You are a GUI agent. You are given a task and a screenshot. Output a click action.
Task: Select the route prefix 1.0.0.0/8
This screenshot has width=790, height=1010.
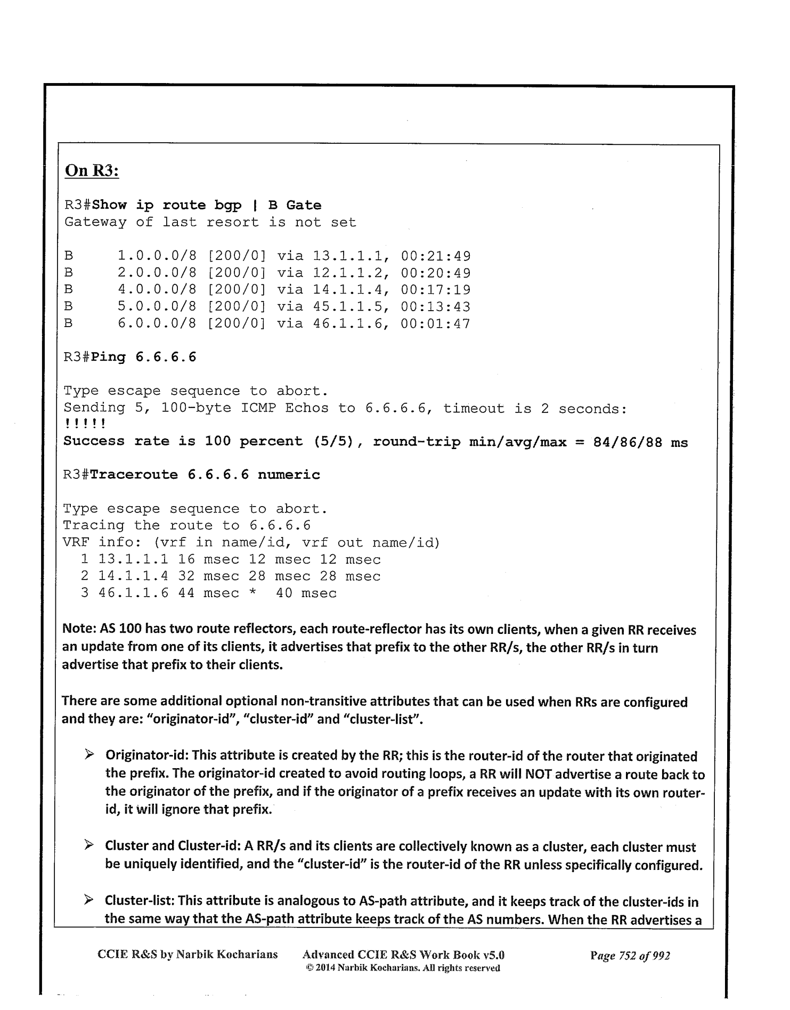click(157, 256)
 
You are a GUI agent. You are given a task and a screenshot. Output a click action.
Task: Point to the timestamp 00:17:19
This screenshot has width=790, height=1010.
click(435, 290)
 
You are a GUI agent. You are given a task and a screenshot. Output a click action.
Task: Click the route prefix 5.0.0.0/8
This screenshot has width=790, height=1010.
click(157, 307)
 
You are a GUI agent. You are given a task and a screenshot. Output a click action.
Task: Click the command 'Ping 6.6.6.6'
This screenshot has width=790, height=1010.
click(143, 357)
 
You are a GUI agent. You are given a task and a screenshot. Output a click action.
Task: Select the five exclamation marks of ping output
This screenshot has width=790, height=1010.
click(84, 425)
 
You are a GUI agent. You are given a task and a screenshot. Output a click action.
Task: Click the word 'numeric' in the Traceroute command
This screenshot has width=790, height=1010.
click(289, 475)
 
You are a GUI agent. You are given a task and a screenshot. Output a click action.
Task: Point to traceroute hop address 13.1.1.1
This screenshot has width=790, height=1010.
click(134, 560)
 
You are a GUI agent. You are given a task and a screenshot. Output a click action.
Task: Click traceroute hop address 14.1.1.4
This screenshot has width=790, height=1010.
click(134, 576)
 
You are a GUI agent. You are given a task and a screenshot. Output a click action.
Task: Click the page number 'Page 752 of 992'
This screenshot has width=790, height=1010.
click(630, 955)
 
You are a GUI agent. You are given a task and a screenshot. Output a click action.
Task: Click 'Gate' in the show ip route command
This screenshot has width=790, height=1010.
click(304, 206)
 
